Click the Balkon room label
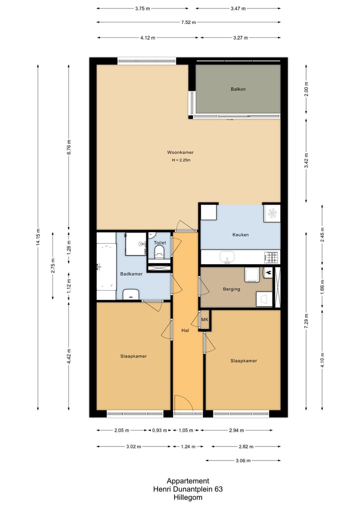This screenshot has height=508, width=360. pos(238,89)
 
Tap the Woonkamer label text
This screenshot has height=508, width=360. pos(180,152)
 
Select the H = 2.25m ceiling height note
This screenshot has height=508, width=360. pos(181,160)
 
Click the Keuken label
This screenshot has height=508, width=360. pos(240,235)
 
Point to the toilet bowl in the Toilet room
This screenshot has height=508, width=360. pos(159,252)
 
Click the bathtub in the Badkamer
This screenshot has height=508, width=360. pos(106,266)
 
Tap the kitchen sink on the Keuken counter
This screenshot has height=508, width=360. pos(227,257)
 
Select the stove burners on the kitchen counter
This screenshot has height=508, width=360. pos(272,257)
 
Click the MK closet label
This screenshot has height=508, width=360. pos(204,320)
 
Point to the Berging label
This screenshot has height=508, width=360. pos(231,289)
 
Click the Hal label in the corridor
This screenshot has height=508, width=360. pos(185,331)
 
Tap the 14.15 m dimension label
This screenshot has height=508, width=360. pos(38,237)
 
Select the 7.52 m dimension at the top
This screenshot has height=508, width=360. pos(188,22)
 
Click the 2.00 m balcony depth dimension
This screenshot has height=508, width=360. pos(306,89)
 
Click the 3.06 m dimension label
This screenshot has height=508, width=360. pos(243,461)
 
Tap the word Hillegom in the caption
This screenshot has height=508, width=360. pos(188,498)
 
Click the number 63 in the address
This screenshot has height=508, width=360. pos(218,489)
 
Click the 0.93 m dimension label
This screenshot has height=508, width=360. pos(159,430)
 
